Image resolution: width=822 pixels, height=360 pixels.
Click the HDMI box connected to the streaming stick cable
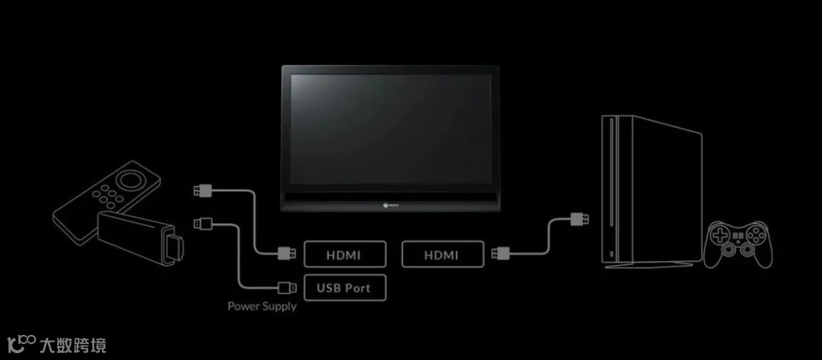(x=345, y=253)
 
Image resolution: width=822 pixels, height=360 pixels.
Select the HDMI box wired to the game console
(x=442, y=254)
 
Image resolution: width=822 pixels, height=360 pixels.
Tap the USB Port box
(x=345, y=287)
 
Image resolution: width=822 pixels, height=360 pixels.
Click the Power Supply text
(x=262, y=307)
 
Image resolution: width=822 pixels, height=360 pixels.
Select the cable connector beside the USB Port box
(x=288, y=287)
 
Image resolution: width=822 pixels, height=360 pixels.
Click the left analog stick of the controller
(x=731, y=249)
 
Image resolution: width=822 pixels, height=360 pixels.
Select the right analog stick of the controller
(x=750, y=249)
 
